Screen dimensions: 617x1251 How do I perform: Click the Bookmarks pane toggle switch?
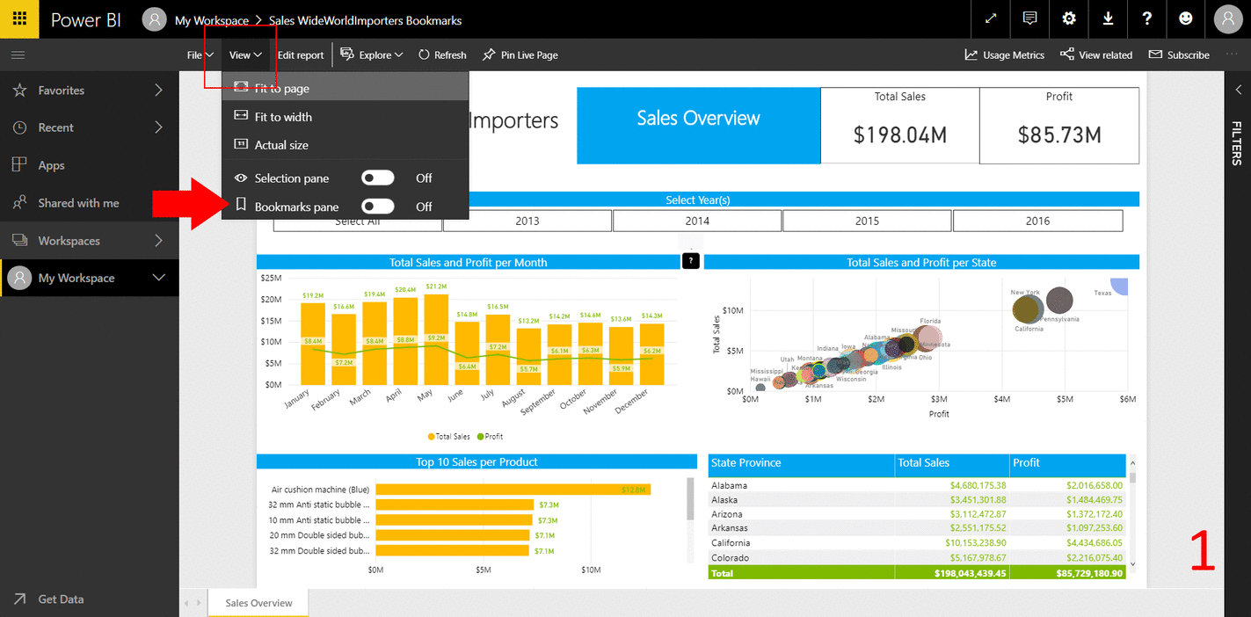point(378,207)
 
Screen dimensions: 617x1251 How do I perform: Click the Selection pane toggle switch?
point(378,178)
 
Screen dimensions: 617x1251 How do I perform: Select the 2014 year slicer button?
point(697,221)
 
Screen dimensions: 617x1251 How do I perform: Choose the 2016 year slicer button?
point(1037,221)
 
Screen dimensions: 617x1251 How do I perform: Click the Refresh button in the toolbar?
point(442,54)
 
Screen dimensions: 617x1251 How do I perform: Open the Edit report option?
point(301,54)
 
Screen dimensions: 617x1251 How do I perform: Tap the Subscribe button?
point(1179,54)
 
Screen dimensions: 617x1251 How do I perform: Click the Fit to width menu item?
point(283,117)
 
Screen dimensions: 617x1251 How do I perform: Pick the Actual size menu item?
point(281,145)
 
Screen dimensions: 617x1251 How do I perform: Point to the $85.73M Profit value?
point(1059,135)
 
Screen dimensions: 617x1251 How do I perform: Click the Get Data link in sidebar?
point(61,599)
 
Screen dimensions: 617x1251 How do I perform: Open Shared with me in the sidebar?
point(78,203)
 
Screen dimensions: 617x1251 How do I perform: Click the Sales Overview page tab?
point(258,603)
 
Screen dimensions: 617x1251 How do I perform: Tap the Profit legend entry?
point(490,437)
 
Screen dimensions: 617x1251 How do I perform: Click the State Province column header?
point(746,463)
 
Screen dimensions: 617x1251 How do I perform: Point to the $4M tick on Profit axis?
point(1002,399)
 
